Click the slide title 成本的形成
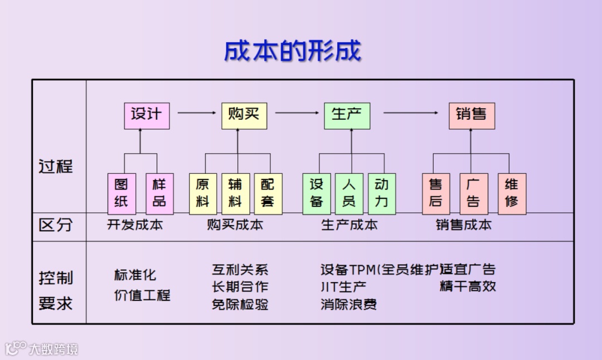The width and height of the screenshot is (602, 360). (293, 51)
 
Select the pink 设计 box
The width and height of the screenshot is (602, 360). (147, 115)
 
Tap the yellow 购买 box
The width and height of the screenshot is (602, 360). (244, 115)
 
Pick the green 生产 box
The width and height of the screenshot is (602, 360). (347, 115)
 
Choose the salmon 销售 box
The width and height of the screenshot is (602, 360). (472, 115)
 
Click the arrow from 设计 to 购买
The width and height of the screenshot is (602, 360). (196, 113)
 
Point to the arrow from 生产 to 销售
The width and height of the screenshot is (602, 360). (411, 113)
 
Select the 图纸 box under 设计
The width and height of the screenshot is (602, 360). (122, 193)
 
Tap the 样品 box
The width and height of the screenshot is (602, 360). (159, 193)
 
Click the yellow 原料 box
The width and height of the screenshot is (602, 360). (203, 193)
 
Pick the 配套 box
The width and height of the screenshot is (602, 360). (268, 193)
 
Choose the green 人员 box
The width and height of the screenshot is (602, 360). (349, 193)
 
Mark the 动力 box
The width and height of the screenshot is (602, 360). (382, 193)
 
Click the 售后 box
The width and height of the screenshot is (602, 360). (436, 193)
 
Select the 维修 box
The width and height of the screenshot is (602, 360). (512, 193)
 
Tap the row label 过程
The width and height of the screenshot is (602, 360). (56, 167)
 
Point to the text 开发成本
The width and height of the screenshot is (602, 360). (135, 225)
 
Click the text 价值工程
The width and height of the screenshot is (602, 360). (142, 295)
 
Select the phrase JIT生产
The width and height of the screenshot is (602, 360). (343, 288)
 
